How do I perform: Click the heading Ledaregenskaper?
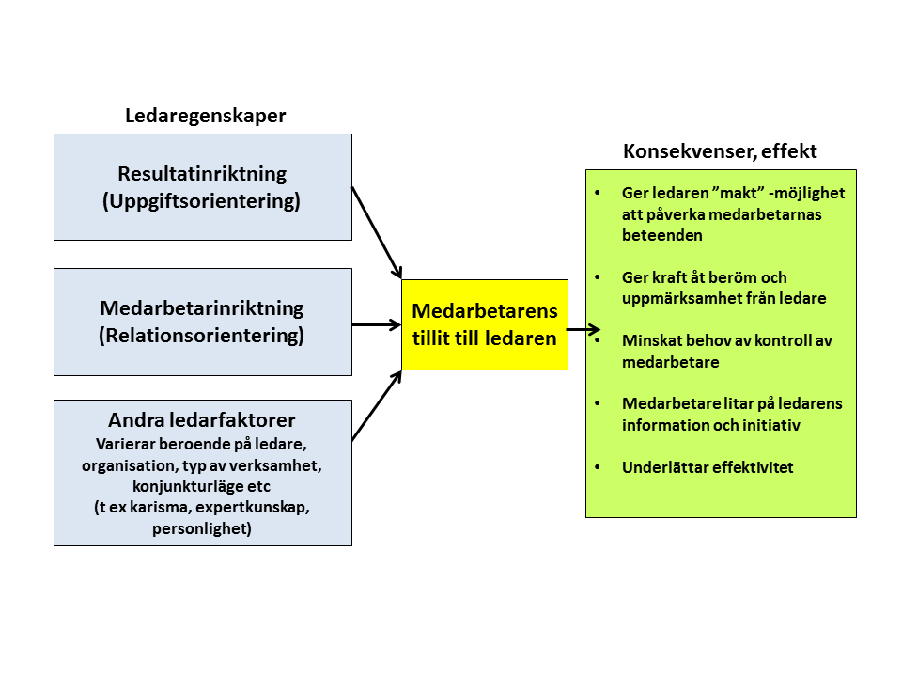206,117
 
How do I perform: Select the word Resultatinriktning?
203,174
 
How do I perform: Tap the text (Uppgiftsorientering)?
201,201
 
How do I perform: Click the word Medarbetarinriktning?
202,308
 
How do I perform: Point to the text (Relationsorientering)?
201,336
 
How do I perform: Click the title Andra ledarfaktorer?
202,420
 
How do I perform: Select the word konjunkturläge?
188,486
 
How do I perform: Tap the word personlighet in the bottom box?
200,528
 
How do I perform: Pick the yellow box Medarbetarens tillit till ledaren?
485,324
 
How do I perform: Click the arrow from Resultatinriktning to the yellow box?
377,232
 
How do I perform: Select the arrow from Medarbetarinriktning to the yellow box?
377,325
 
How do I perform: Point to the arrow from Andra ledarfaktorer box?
377,406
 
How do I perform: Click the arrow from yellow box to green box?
583,330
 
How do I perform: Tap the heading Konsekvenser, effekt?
720,151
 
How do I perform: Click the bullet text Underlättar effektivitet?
708,467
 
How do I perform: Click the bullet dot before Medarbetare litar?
598,403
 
